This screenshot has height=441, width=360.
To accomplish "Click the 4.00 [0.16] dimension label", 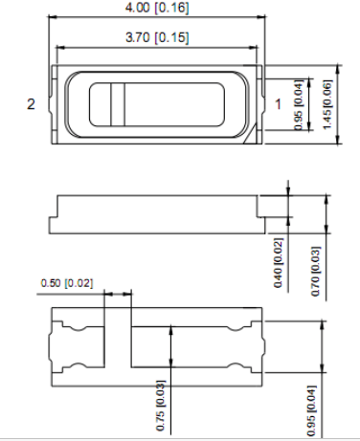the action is click(157, 8).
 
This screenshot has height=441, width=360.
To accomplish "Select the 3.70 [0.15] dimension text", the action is click(157, 37).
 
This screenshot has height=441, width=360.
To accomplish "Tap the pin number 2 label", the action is click(31, 104).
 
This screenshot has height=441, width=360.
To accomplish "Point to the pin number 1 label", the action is click(278, 104).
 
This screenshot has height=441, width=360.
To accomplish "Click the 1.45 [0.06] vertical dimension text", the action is click(327, 104).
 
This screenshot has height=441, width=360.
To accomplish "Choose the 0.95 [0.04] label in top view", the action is click(298, 104).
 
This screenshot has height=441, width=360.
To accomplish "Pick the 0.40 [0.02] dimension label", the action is click(278, 263).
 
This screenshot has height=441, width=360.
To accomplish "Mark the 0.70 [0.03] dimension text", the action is click(315, 271).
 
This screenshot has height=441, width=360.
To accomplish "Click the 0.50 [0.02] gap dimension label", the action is click(67, 283).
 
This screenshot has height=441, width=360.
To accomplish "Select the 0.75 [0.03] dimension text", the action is click(161, 406).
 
